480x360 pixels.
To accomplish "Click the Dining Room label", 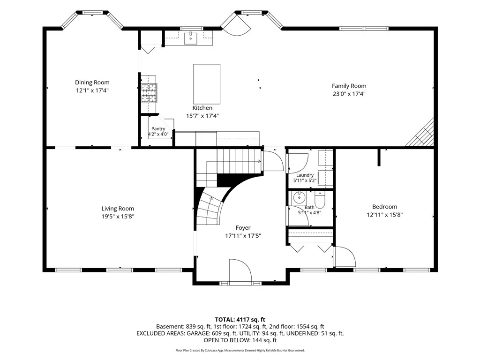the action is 92,82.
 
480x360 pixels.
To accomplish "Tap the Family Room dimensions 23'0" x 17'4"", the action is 349,94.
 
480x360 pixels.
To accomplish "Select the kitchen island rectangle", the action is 207,84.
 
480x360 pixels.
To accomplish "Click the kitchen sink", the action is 190,38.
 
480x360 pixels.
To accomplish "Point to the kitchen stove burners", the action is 149,93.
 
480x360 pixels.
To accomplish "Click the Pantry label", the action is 158,129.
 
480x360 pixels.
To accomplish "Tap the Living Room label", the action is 118,209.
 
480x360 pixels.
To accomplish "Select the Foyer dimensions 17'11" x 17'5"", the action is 243,236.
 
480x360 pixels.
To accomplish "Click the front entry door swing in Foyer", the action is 240,270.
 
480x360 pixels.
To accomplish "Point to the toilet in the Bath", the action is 319,200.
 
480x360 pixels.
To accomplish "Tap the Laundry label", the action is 305,175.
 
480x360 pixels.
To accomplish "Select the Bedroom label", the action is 385,207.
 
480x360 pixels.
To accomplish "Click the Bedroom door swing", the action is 345,257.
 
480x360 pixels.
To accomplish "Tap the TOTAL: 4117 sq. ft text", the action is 240,320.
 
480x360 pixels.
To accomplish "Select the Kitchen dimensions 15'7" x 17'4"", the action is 202,116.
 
